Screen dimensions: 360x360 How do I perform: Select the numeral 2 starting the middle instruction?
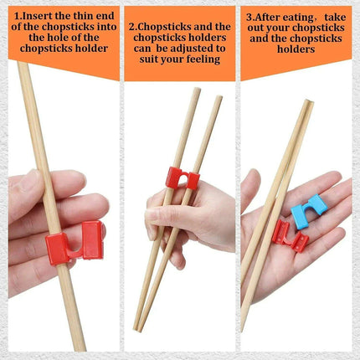point(131,26)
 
